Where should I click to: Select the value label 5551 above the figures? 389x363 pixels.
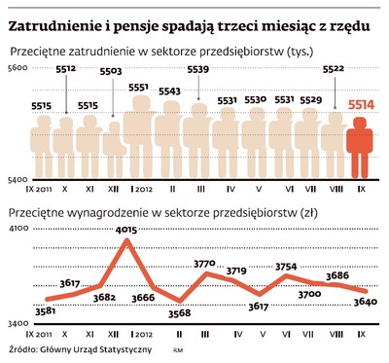click(139, 87)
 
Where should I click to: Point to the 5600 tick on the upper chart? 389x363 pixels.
click(18, 65)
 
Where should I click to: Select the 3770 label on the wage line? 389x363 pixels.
click(204, 264)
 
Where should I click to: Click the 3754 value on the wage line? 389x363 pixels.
click(286, 266)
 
